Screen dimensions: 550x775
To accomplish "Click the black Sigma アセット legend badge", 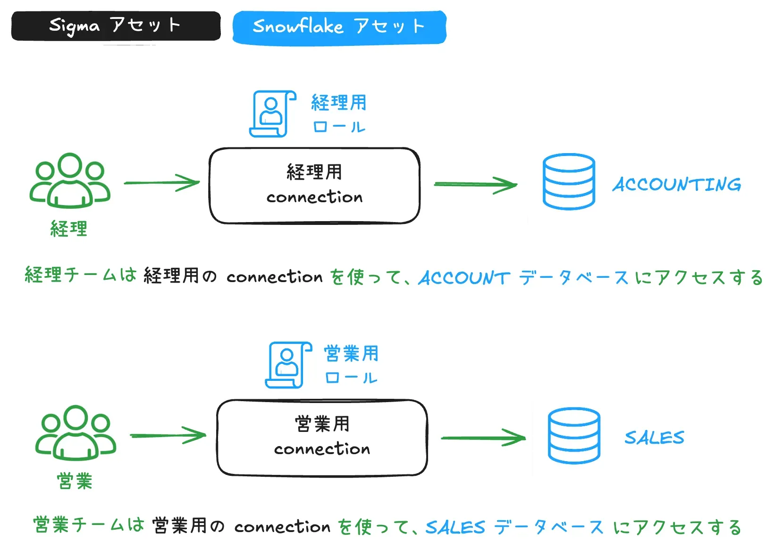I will [x=116, y=26].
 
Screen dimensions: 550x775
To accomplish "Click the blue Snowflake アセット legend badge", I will [x=339, y=27].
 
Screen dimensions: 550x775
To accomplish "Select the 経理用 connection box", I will [x=314, y=185].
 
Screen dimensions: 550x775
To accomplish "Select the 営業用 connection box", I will [x=322, y=437].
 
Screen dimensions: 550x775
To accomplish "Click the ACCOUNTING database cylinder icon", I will [x=568, y=181].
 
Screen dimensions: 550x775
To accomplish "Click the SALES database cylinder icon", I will [x=574, y=435].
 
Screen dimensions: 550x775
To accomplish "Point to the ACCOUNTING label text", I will [x=677, y=184].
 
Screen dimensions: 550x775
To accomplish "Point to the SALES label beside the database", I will [x=654, y=438].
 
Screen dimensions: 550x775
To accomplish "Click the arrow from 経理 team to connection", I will [x=162, y=183].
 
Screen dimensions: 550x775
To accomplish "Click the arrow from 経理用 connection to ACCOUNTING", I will [x=475, y=184].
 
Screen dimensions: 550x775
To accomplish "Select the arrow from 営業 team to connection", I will [x=168, y=435].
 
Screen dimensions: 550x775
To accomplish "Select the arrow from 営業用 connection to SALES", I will [x=482, y=438].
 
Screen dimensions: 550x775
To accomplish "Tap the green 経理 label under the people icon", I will [x=69, y=229].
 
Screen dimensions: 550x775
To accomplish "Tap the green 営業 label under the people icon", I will [x=75, y=481].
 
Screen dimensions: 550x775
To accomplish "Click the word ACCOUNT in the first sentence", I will [x=464, y=278].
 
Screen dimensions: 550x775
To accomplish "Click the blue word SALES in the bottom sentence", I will [x=455, y=527].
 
